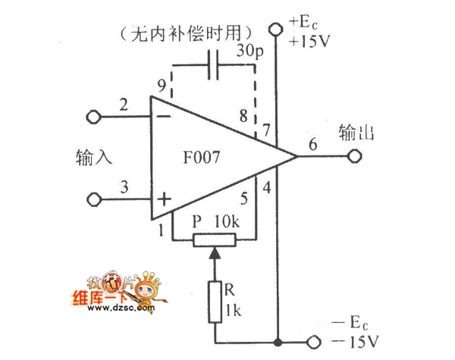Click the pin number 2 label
(124, 105)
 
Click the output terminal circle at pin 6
(353, 158)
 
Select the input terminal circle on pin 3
(95, 199)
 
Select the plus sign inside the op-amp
(163, 199)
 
